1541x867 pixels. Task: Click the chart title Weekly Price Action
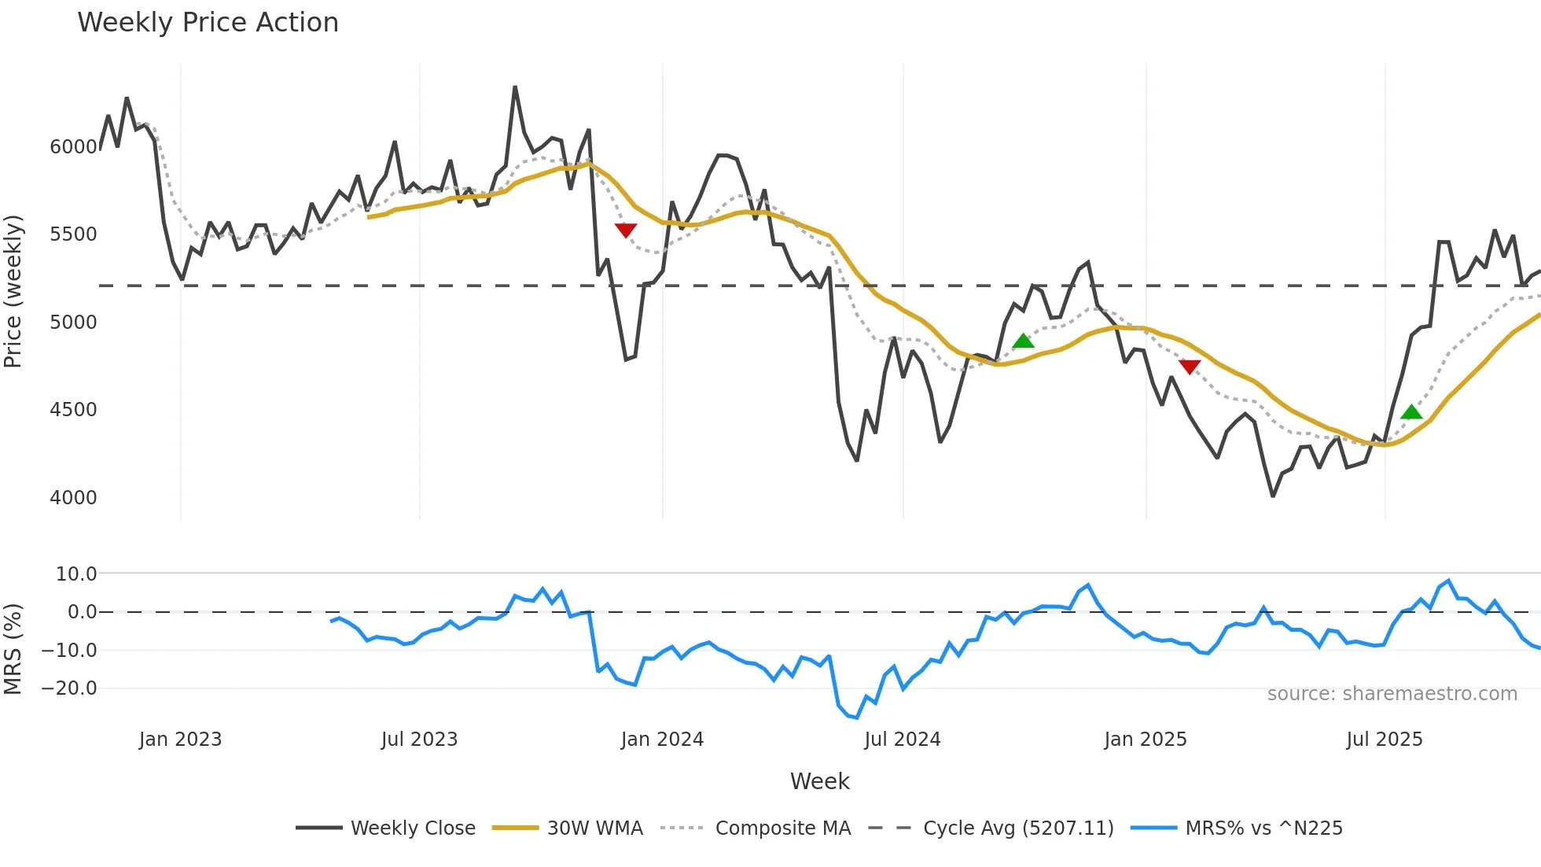208,23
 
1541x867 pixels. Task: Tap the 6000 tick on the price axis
73,147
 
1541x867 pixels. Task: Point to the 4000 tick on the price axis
73,498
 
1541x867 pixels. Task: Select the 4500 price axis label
73,410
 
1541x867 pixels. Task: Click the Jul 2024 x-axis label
902,740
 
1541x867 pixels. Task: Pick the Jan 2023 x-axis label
180,740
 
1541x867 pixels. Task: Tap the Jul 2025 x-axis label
1384,740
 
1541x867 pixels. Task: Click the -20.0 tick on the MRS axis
69,688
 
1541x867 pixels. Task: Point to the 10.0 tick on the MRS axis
76,574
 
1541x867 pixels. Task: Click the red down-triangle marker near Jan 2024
625,230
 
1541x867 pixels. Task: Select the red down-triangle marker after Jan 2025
1190,367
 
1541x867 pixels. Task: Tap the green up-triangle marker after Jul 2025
1411,412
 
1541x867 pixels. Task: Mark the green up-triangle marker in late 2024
1023,341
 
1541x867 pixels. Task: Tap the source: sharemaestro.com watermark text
1392,694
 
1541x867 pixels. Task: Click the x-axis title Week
819,781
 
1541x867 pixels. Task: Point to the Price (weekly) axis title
13,291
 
